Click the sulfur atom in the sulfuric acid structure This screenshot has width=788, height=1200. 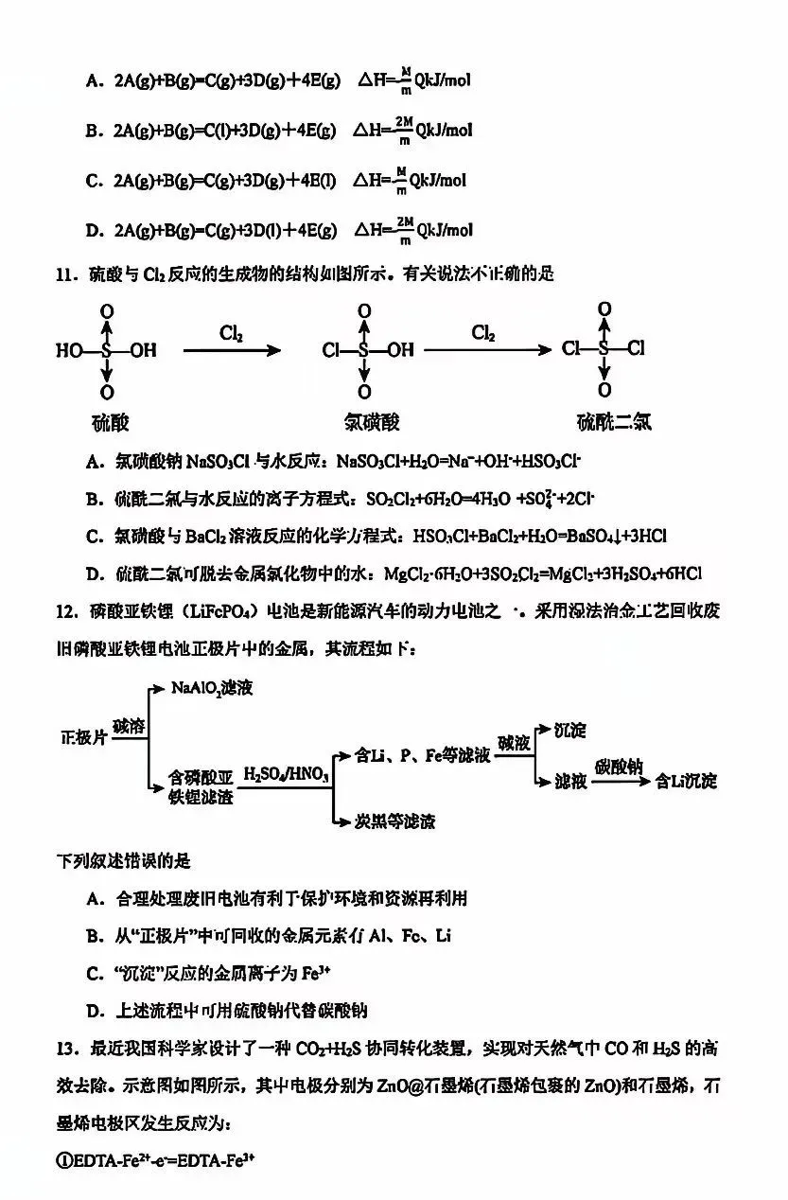pos(107,351)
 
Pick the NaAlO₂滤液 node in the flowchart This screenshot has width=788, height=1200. pos(212,688)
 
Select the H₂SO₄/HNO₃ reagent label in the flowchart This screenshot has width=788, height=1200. pos(286,776)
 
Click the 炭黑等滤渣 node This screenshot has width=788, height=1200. pos(395,821)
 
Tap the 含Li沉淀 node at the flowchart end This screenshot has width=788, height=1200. pos(688,781)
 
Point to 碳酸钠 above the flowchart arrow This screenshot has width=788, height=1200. pos(619,766)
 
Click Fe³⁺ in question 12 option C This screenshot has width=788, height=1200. pos(310,973)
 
